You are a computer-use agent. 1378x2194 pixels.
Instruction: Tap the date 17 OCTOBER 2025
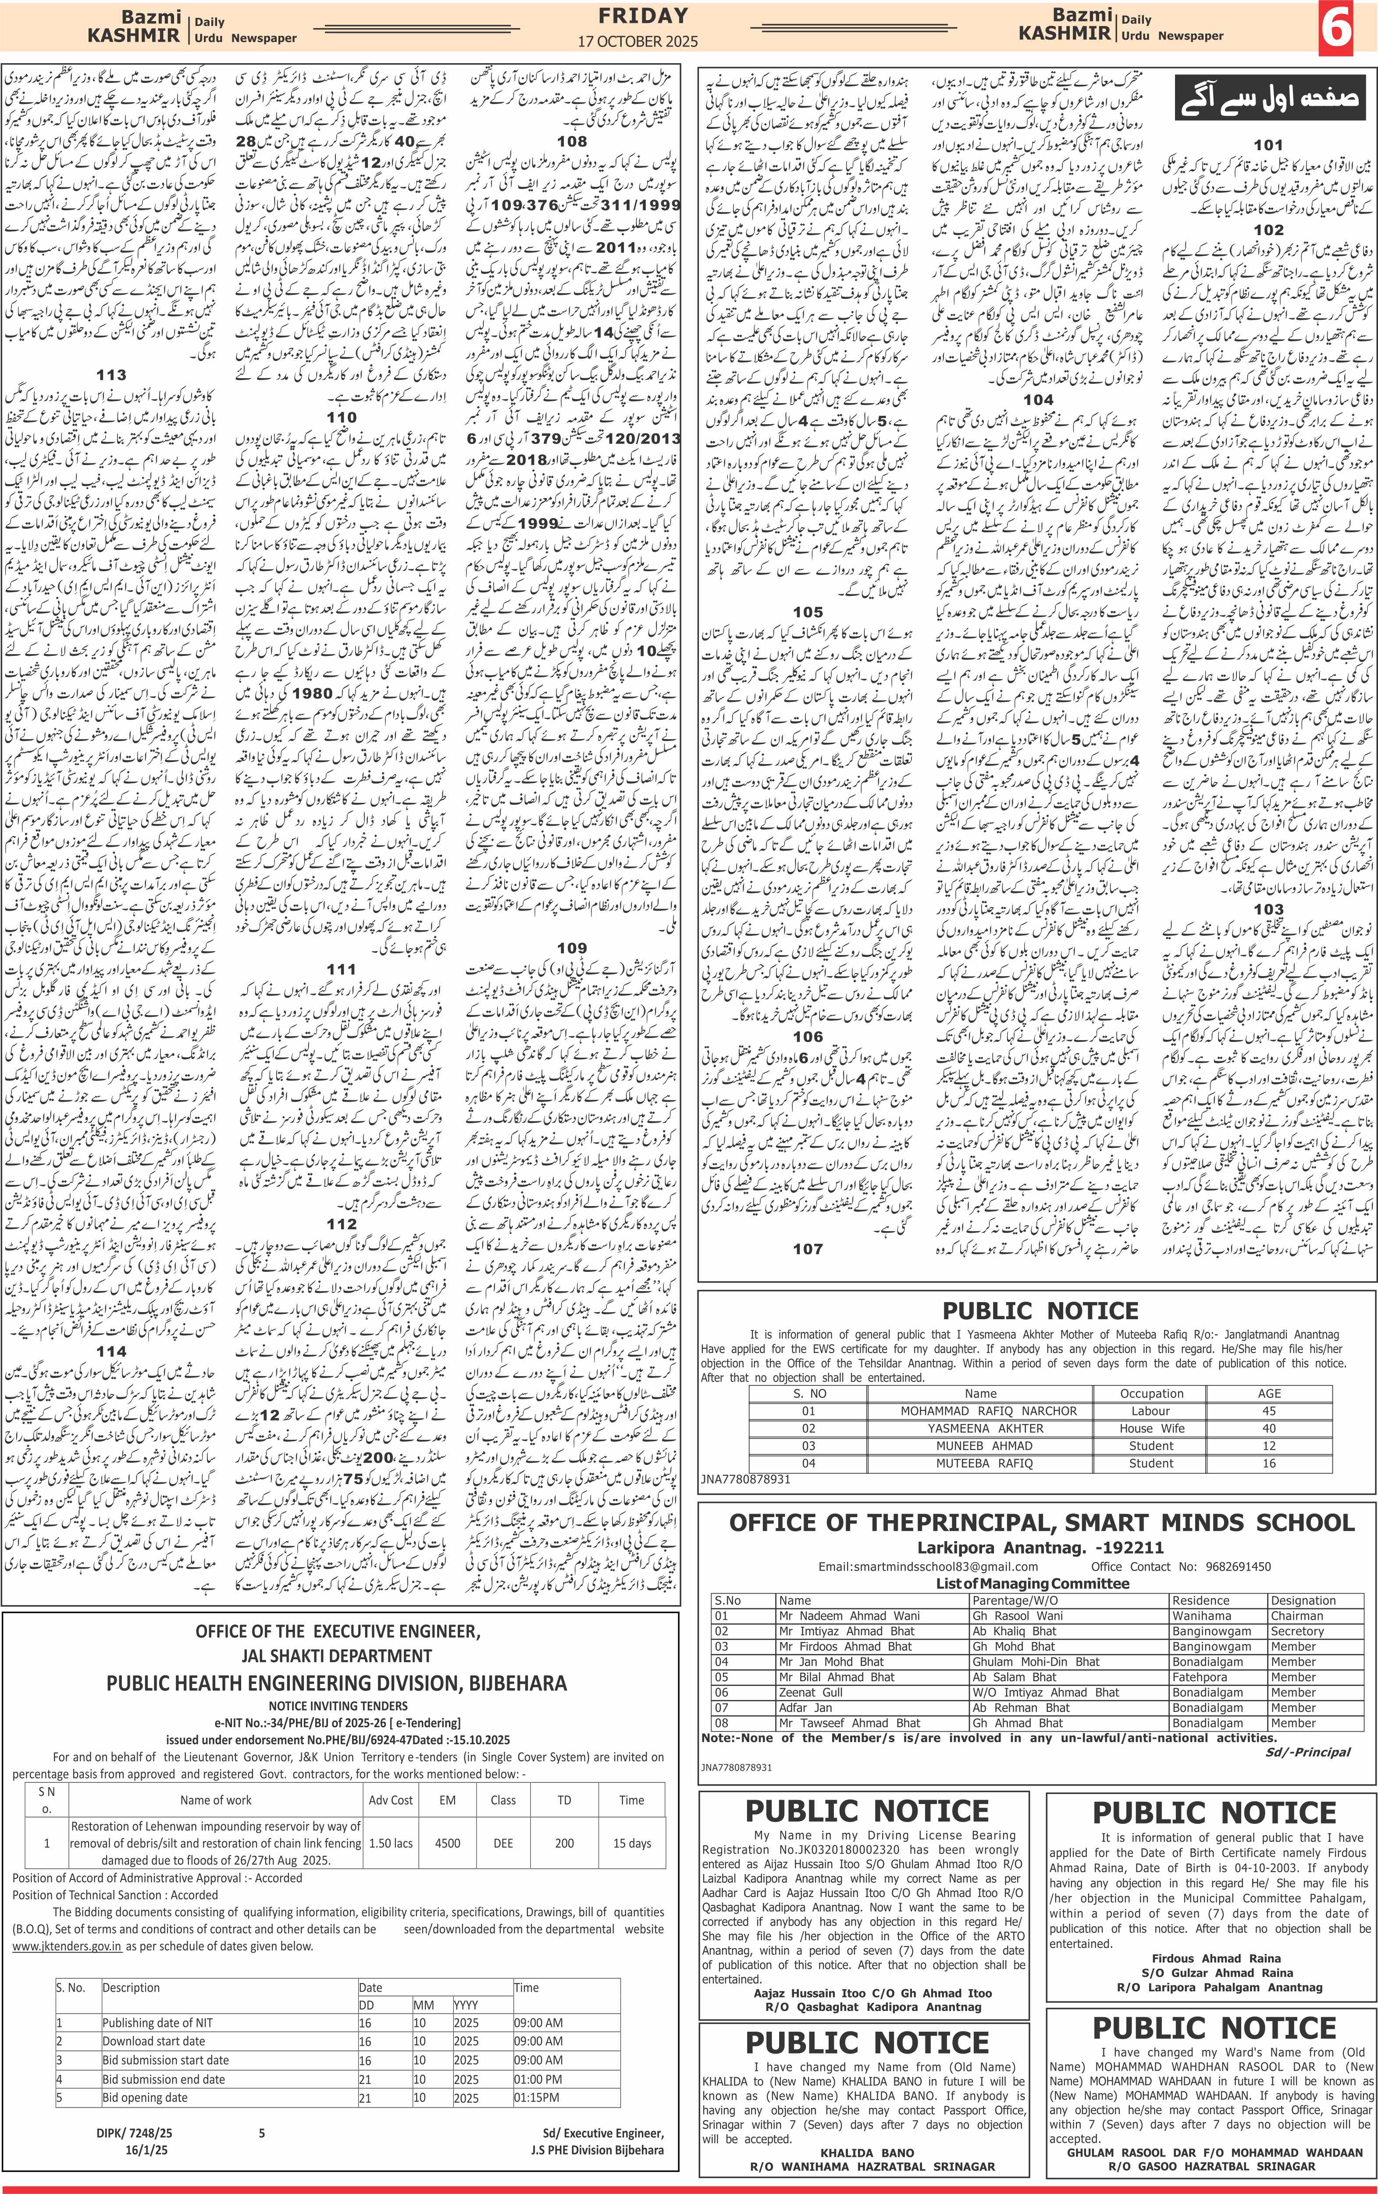click(x=637, y=41)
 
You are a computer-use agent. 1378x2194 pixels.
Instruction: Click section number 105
click(x=808, y=612)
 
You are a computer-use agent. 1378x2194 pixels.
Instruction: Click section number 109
click(x=572, y=948)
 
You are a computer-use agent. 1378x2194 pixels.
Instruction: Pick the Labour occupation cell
click(x=1150, y=1410)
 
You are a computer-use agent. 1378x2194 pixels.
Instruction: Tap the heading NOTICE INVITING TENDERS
click(x=338, y=1705)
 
